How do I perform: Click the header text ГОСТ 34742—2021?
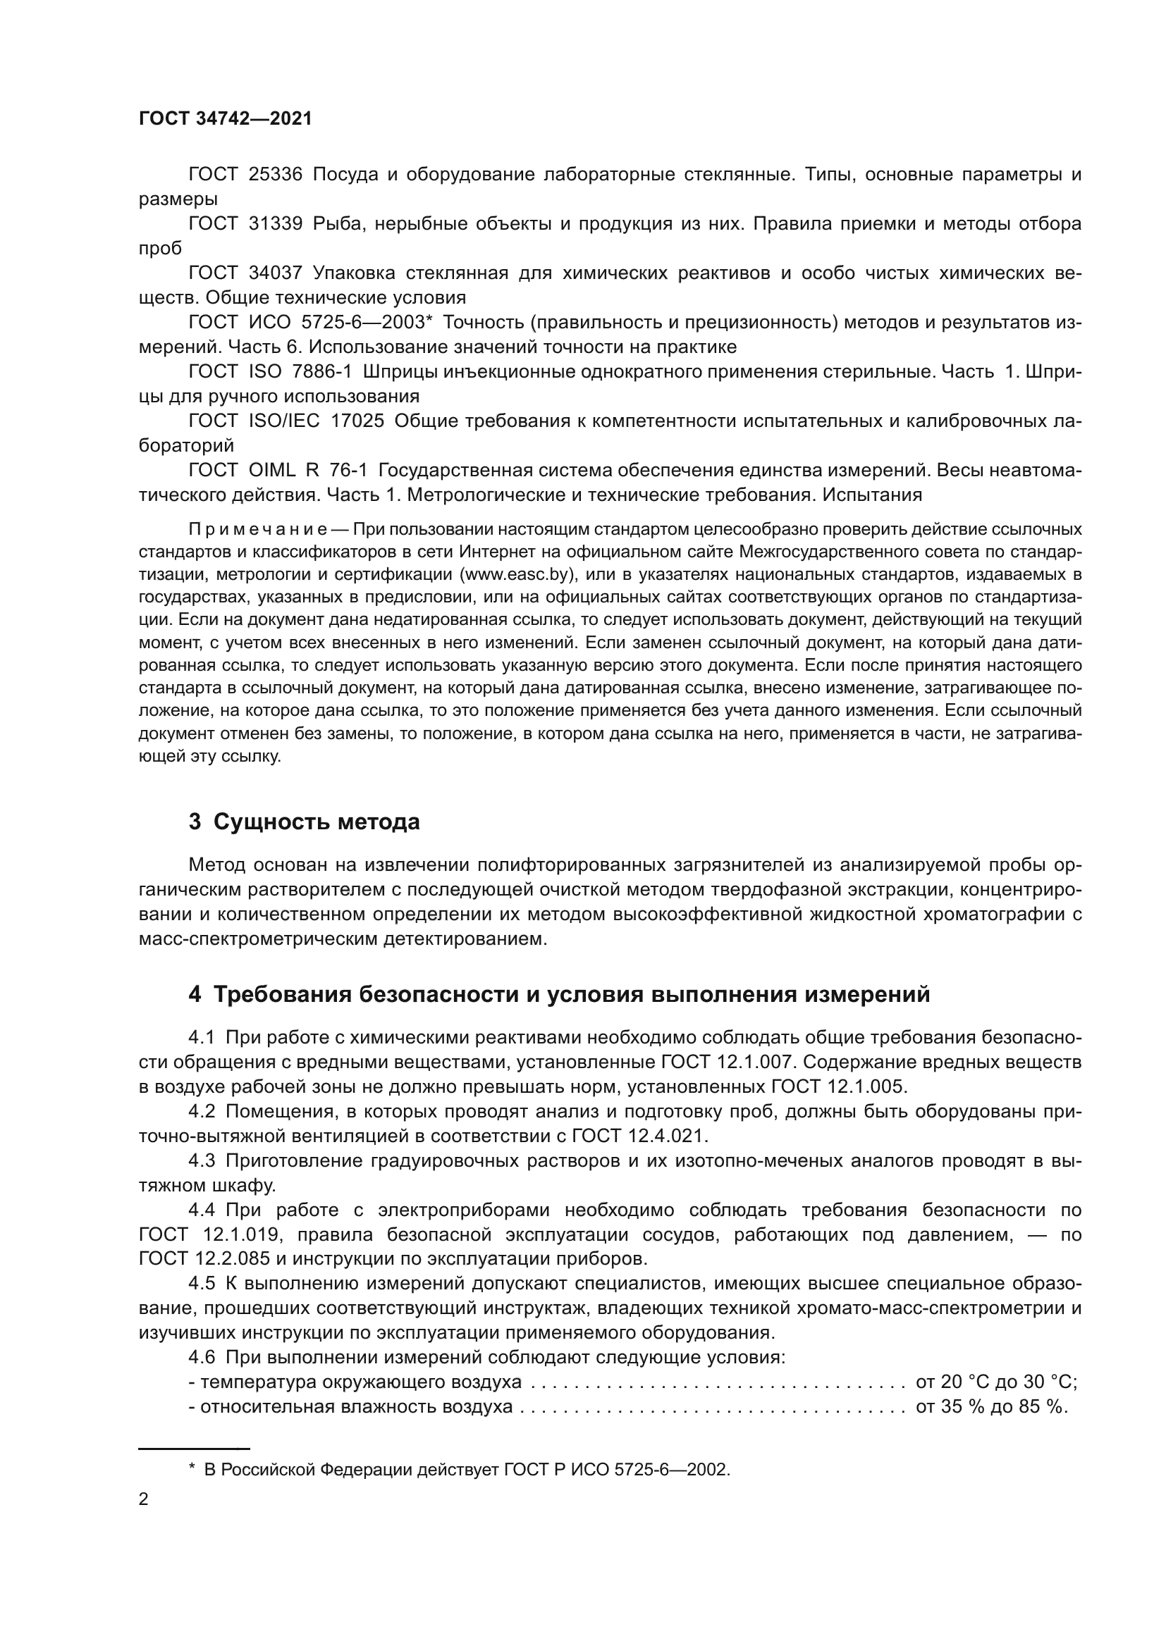point(226,119)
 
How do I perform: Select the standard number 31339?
point(276,224)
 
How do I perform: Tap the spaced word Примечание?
point(258,530)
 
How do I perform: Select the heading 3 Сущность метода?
point(304,821)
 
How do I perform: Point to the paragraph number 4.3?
point(202,1160)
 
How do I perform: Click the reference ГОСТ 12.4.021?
point(639,1136)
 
